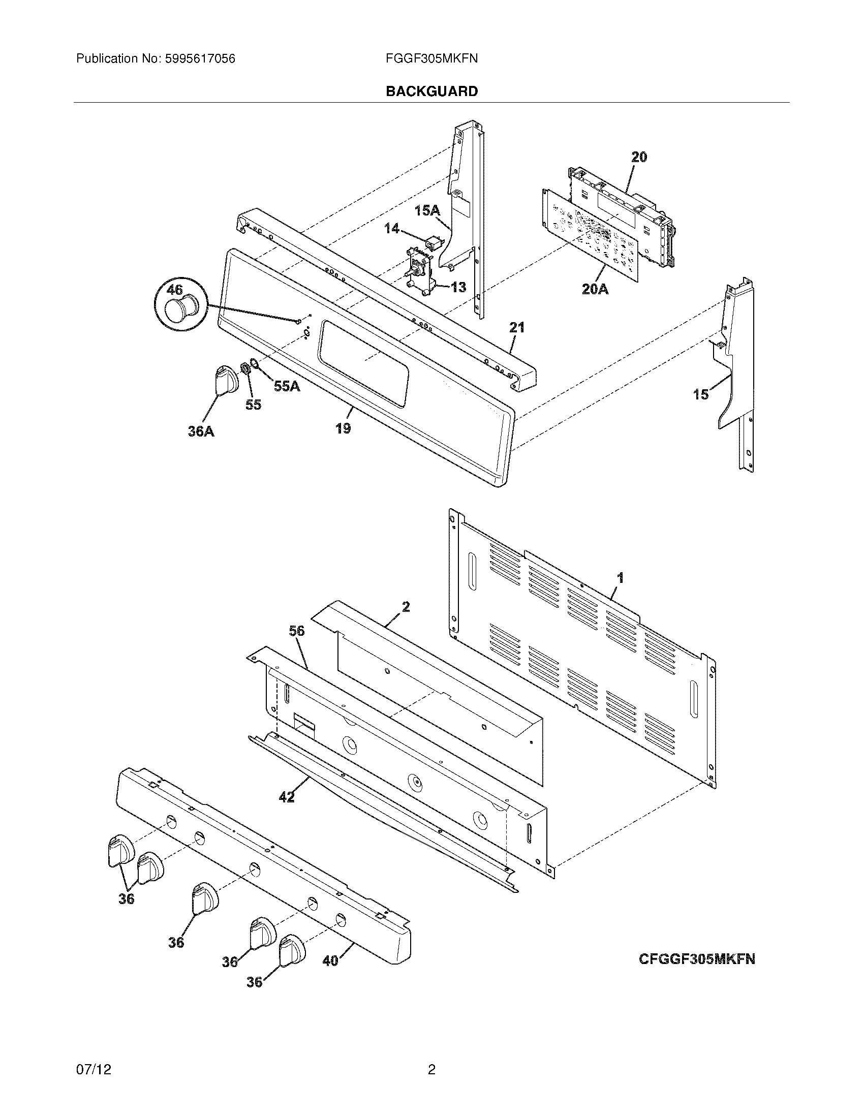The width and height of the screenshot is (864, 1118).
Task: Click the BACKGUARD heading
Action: [431, 91]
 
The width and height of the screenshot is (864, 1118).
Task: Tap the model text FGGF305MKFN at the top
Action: [431, 58]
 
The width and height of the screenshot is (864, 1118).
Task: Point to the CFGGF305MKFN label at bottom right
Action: [697, 958]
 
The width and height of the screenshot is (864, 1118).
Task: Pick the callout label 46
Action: [174, 290]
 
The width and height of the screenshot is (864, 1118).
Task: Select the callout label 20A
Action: [595, 289]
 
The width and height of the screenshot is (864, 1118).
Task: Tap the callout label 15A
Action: [427, 210]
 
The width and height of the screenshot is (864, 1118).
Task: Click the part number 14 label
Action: [391, 228]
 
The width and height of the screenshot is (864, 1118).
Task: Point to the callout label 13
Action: [458, 287]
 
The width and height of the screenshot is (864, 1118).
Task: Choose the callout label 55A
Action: [287, 386]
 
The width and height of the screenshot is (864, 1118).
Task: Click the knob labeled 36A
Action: [224, 381]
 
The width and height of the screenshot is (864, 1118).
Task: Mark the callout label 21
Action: [516, 327]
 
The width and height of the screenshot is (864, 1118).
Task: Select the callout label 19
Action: [343, 428]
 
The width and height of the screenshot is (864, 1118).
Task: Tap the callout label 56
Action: [296, 631]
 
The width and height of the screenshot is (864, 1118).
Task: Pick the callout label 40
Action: [331, 961]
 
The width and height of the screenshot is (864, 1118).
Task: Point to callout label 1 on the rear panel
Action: [621, 578]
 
